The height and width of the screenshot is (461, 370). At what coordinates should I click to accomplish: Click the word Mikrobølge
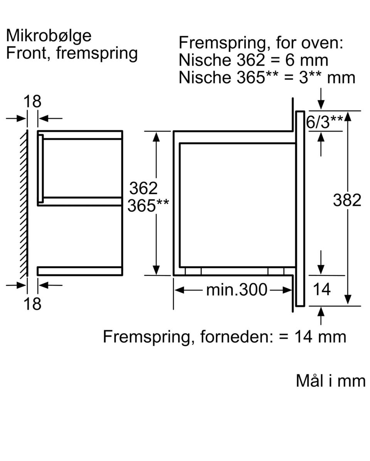pos(49,36)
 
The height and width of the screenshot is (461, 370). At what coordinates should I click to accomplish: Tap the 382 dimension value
pos(347,200)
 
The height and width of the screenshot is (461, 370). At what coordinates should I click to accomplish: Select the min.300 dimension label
pos(237,290)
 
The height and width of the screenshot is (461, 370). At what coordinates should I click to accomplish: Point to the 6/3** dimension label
pos(325,122)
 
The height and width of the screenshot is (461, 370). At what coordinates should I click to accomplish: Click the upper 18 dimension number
pos(32,102)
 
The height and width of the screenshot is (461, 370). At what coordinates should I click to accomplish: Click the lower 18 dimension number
pos(32,304)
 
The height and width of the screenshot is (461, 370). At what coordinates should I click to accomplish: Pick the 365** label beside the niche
pos(148,205)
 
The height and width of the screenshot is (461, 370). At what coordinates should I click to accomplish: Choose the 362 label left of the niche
pos(143,188)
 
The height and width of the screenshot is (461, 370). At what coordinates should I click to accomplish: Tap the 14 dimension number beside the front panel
pos(322,289)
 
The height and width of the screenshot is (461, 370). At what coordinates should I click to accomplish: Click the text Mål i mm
pos(331,381)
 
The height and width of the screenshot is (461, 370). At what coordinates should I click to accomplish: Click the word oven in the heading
pos(322,43)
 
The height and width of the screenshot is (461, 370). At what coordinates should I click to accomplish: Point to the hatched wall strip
pos(24,203)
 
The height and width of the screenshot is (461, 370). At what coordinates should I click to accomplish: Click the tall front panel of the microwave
pos(300,208)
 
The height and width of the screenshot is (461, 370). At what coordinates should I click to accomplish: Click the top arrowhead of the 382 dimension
pos(348,117)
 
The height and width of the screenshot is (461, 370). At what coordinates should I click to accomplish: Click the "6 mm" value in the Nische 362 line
pos(307,60)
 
